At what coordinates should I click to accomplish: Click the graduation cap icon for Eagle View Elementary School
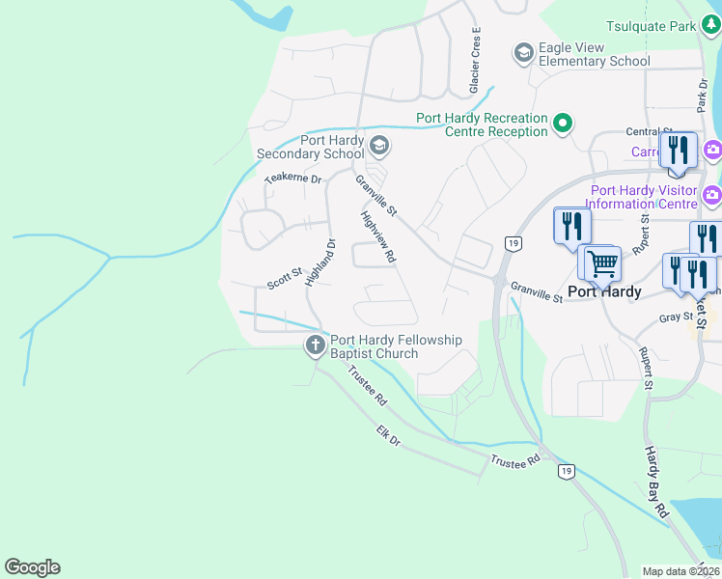[524, 52]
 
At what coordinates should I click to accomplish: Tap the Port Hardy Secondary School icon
[379, 147]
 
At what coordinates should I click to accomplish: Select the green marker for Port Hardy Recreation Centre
[562, 124]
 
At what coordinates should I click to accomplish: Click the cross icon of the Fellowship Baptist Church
[316, 345]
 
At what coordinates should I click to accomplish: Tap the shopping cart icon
[602, 262]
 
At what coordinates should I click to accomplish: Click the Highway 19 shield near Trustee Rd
[566, 471]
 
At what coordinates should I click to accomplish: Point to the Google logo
[32, 567]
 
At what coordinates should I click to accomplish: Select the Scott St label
[285, 280]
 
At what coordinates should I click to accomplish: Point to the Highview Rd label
[378, 237]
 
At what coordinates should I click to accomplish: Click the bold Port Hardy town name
[604, 291]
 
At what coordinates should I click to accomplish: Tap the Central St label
[648, 132]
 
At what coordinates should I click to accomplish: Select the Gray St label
[676, 317]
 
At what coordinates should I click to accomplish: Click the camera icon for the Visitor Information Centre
[712, 194]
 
